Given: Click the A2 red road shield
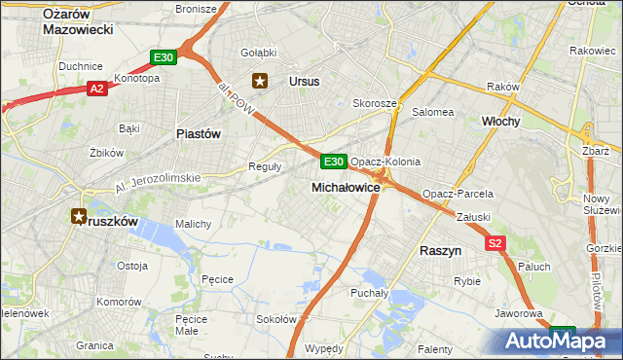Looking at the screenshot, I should point(96,89).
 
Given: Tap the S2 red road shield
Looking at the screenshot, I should point(496,243).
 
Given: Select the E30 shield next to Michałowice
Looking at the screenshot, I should point(333,162).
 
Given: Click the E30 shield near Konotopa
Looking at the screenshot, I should point(164,58).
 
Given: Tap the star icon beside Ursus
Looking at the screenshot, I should point(260,82).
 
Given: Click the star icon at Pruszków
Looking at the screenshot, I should point(79,217).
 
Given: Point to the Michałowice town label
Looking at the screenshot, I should point(346,186).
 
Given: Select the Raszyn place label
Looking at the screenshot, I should point(440,250).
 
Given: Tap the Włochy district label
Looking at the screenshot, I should point(502,121).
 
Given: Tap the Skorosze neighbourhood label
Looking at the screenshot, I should point(375,103).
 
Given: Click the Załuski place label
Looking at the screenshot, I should point(471,217).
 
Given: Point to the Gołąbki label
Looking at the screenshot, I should point(258,52).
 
